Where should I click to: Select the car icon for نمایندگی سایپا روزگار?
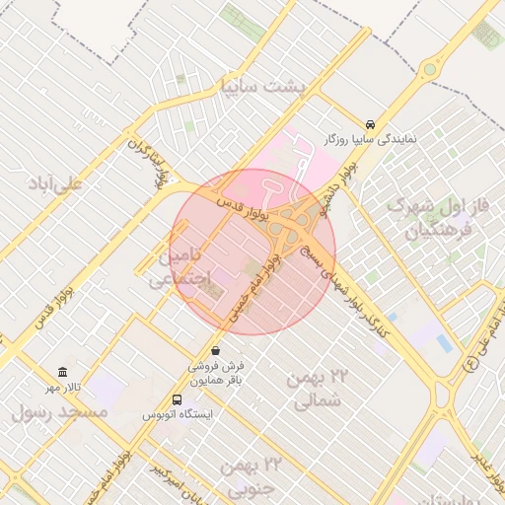pos(369,125)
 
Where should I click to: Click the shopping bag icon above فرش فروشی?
pos(216,350)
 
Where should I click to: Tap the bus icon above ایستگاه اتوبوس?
pos(177,399)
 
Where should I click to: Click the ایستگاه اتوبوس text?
pos(178,414)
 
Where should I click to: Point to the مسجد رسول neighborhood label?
pos(59,412)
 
